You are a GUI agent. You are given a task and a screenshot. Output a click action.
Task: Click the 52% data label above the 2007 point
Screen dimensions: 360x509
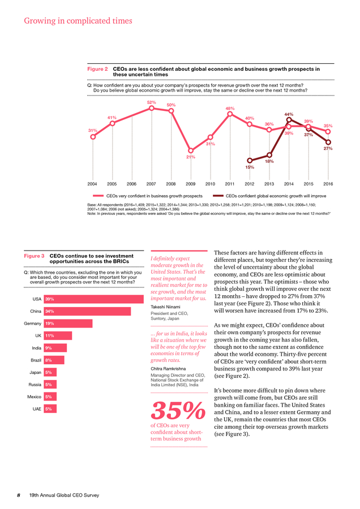(x=151, y=102)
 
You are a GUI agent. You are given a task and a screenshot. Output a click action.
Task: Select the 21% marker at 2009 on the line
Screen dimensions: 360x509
(x=191, y=150)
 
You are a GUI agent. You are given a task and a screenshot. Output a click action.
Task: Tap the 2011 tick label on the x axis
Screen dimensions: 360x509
(x=230, y=184)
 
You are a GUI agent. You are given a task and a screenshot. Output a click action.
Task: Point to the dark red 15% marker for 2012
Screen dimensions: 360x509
(x=250, y=161)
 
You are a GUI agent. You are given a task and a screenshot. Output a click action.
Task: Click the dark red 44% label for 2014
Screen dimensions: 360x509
(x=289, y=114)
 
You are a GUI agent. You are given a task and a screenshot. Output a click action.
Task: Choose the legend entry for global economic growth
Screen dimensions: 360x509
(x=269, y=196)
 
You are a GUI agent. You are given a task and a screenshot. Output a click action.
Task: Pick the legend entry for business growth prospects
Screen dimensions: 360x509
(x=148, y=196)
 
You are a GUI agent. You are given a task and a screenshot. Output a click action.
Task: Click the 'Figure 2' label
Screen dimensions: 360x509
(x=97, y=69)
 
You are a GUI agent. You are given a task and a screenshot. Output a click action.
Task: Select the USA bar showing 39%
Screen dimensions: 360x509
(x=93, y=299)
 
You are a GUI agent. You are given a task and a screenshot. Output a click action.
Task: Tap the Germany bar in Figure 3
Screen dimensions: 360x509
(x=68, y=323)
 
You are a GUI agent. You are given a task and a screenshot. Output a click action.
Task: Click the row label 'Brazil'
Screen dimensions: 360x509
(x=36, y=360)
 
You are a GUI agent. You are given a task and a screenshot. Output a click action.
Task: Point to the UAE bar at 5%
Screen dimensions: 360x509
(x=50, y=409)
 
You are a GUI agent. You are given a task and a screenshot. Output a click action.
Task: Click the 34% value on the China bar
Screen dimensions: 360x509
(x=50, y=311)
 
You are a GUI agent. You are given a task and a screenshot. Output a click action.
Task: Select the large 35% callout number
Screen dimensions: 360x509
(x=178, y=411)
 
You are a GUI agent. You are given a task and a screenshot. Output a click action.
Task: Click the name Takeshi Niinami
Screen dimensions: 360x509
(x=165, y=307)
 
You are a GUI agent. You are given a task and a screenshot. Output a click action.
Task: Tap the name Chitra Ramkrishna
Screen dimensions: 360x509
(x=168, y=369)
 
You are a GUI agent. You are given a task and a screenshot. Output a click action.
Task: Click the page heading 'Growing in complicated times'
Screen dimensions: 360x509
(x=78, y=21)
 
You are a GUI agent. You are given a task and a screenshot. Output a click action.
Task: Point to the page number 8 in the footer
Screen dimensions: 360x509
(x=19, y=495)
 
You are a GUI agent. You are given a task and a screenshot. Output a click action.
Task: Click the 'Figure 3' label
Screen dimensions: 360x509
(x=34, y=256)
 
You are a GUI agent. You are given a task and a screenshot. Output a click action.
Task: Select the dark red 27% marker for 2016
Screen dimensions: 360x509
(x=328, y=142)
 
